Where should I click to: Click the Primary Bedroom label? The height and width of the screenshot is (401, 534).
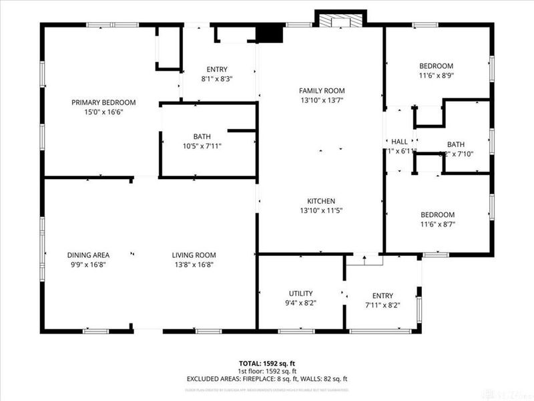[103, 102]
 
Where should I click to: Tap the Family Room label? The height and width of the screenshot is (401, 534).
[321, 90]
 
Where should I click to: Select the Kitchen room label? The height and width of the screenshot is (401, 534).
[321, 201]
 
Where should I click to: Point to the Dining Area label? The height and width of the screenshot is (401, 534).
[88, 255]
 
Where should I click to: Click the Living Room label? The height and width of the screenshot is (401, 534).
[194, 255]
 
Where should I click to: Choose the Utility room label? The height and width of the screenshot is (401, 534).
[300, 293]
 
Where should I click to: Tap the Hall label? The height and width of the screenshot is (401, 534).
[399, 142]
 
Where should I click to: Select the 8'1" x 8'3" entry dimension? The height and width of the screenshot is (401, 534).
[217, 78]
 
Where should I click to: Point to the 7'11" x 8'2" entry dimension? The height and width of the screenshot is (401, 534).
[382, 305]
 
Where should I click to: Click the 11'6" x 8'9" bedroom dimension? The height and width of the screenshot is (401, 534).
[437, 75]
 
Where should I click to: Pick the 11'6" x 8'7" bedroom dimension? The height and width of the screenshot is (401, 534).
[437, 224]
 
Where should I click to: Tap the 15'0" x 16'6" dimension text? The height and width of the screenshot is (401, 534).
[103, 112]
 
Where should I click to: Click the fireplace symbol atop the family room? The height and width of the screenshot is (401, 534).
[340, 21]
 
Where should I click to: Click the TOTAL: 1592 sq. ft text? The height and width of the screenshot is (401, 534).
[267, 363]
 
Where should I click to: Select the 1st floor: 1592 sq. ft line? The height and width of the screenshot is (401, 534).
[267, 371]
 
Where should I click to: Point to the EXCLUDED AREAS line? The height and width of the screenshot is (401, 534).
[267, 379]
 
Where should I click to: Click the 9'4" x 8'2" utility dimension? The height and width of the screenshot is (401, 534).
[300, 303]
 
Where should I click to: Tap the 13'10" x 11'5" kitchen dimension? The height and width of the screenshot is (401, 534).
[321, 211]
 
